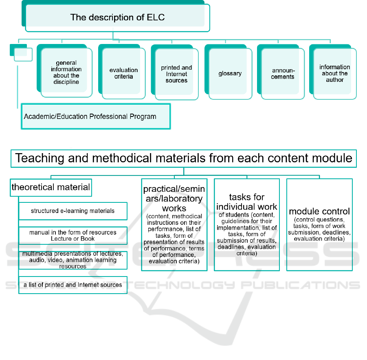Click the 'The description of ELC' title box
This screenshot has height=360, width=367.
116,16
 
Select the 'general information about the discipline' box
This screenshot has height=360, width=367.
64,71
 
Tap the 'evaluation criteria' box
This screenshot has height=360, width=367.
122,71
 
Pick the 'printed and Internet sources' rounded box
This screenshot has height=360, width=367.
175,72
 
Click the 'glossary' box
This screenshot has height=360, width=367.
228,72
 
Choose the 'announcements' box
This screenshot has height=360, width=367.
281,72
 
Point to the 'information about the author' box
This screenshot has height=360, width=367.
333,72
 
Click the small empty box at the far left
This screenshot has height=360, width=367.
21,53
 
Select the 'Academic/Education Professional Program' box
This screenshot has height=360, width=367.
96,116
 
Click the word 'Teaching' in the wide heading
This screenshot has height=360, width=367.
40,158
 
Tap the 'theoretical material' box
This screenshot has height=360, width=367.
51,187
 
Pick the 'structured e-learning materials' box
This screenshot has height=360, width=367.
73,211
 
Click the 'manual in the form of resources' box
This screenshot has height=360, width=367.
73,235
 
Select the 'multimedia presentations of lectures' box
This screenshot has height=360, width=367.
73,260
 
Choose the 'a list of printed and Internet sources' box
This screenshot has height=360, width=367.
73,285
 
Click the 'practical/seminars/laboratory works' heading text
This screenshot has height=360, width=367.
174,198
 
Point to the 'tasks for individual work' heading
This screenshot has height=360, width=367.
247,202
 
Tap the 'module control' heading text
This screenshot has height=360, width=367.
319,211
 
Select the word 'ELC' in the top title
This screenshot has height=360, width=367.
156,18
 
